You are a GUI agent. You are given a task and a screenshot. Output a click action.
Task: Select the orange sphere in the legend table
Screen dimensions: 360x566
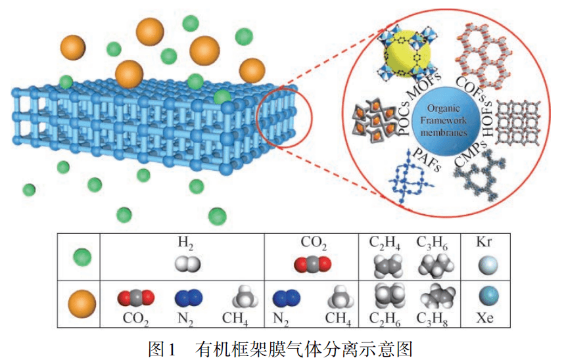click(x=78, y=303)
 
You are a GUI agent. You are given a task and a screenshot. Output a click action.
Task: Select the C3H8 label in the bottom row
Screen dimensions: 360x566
click(x=434, y=320)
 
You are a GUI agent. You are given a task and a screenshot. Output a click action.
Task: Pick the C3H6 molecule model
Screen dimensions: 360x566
click(x=435, y=265)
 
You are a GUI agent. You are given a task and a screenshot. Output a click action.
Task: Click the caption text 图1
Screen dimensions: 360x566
click(x=162, y=348)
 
